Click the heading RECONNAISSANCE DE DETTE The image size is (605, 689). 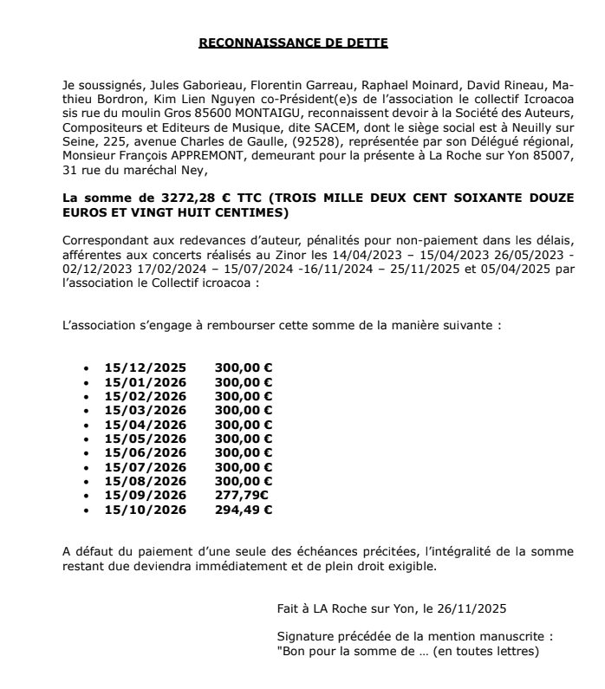[294, 42]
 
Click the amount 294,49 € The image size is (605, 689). [244, 508]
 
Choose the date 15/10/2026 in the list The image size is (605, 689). [145, 508]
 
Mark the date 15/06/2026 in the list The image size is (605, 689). [145, 452]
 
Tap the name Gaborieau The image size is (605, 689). [181, 87]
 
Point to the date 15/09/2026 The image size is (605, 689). [145, 494]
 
